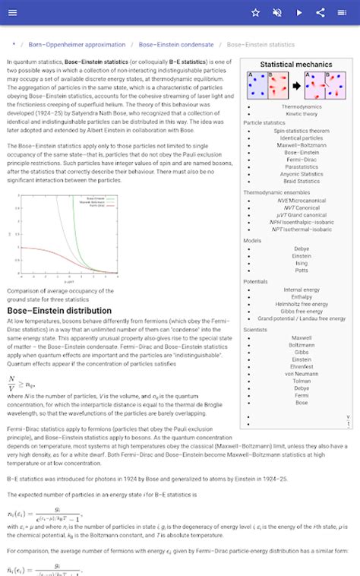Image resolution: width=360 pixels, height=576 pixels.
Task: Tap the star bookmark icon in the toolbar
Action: [256, 13]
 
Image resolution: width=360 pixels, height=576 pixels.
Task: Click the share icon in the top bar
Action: [321, 13]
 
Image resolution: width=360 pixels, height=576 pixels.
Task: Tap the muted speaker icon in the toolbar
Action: [277, 13]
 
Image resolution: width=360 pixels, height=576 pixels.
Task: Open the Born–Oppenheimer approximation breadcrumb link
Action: [77, 45]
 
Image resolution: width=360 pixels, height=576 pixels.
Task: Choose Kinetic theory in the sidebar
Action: [302, 114]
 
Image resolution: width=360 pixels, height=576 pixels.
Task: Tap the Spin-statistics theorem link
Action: [302, 131]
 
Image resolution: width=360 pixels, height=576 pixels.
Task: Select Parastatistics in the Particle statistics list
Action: [302, 167]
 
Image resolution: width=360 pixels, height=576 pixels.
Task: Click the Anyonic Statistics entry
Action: [302, 174]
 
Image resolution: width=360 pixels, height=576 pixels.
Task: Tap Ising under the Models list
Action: [302, 263]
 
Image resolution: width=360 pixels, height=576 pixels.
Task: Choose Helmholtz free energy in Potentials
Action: [302, 304]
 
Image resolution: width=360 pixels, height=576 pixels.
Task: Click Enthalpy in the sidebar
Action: [302, 296]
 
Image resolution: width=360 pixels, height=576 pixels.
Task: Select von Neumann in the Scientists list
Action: [302, 374]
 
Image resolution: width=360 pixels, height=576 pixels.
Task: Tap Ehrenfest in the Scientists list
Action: [302, 366]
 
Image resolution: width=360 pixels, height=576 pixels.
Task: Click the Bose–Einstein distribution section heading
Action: [59, 311]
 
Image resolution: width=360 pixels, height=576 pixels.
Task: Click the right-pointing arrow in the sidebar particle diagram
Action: [295, 86]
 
